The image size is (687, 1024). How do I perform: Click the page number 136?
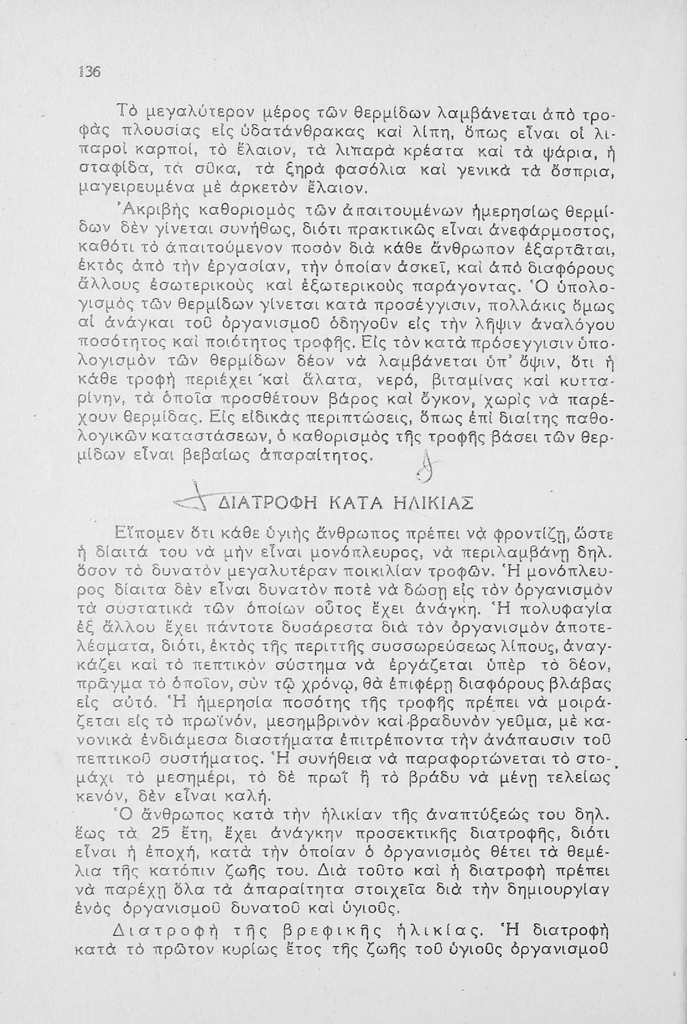point(89,72)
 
